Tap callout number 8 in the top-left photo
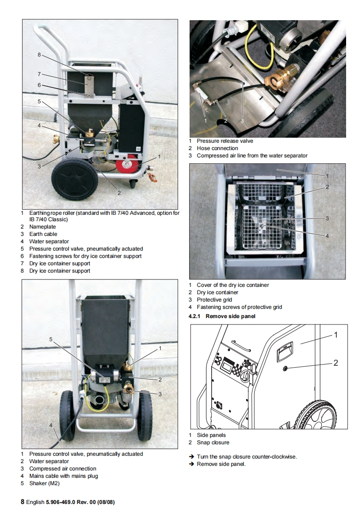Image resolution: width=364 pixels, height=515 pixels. click(x=39, y=55)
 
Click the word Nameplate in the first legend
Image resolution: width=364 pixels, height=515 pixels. click(x=43, y=227)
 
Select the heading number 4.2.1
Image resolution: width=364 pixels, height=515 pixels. click(x=195, y=316)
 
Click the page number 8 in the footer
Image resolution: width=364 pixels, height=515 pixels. click(x=22, y=502)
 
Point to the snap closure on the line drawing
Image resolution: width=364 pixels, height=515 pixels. click(x=286, y=368)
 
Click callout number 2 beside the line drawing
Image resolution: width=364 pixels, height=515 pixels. click(x=336, y=363)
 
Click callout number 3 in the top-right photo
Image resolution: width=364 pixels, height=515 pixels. click(x=242, y=120)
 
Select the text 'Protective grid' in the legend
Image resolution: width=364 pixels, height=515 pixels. click(x=214, y=300)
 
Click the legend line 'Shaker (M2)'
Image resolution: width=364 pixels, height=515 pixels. click(x=45, y=483)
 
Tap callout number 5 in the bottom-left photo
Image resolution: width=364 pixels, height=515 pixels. click(x=51, y=339)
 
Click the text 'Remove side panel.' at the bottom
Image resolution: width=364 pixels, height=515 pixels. click(x=221, y=464)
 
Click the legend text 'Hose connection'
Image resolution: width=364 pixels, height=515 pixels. click(x=218, y=148)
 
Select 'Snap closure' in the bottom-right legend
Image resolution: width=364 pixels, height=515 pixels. click(x=213, y=442)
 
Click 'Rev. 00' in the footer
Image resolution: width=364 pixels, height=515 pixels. click(x=82, y=502)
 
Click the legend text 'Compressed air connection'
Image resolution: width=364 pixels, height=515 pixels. click(x=63, y=469)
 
